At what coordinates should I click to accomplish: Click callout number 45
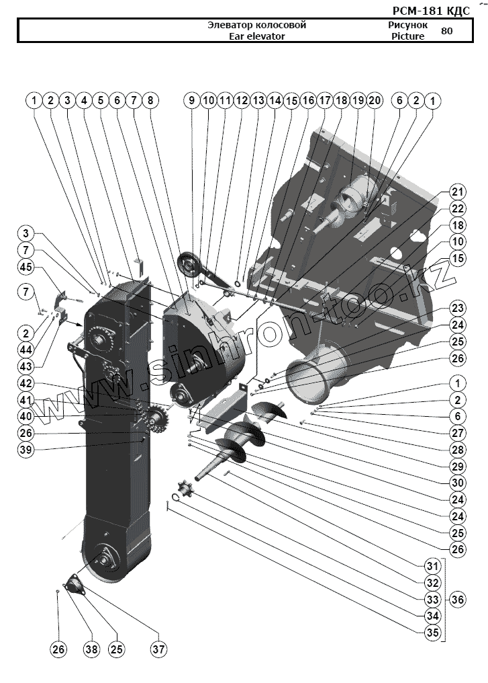(x=26, y=267)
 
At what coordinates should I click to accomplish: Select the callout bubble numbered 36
(x=456, y=599)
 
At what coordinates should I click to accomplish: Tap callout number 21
(x=457, y=191)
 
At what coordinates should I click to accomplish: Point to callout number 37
(x=159, y=649)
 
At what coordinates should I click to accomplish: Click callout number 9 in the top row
(x=191, y=100)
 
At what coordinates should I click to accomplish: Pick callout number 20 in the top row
(x=375, y=100)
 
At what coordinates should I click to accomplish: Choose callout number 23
(x=457, y=308)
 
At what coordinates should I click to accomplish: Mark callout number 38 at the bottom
(x=91, y=649)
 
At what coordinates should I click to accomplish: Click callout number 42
(x=26, y=383)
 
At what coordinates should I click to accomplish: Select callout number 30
(x=457, y=481)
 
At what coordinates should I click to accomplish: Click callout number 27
(x=457, y=433)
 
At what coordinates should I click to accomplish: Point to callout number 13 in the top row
(x=258, y=100)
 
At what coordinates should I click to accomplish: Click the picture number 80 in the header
(x=447, y=30)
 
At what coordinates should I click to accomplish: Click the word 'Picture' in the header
(x=407, y=36)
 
